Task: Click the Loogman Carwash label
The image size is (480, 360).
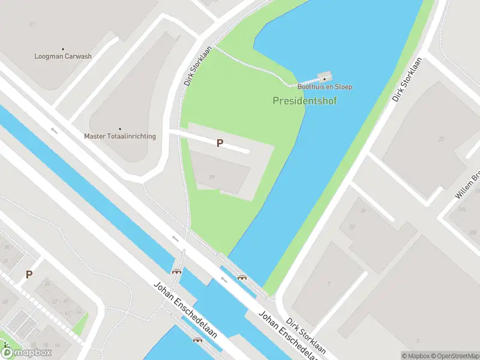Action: click(x=63, y=56)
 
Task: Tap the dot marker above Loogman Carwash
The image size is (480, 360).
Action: click(x=63, y=49)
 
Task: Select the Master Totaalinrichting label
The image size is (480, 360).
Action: click(x=120, y=136)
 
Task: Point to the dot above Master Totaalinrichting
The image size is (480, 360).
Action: click(x=120, y=129)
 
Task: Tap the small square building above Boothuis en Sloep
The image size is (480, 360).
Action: click(x=325, y=77)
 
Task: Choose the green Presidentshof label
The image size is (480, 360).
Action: click(x=305, y=101)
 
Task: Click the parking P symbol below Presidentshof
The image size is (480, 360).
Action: click(x=220, y=143)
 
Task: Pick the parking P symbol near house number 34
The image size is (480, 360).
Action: click(x=29, y=274)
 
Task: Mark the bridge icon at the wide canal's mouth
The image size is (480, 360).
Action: click(x=242, y=277)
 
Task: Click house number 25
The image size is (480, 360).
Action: click(x=442, y=139)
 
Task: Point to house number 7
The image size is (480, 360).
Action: click(x=328, y=284)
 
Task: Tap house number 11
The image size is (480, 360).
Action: click(x=32, y=25)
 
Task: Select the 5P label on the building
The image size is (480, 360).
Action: click(x=212, y=177)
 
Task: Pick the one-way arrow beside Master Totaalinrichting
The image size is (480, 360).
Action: click(x=54, y=130)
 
